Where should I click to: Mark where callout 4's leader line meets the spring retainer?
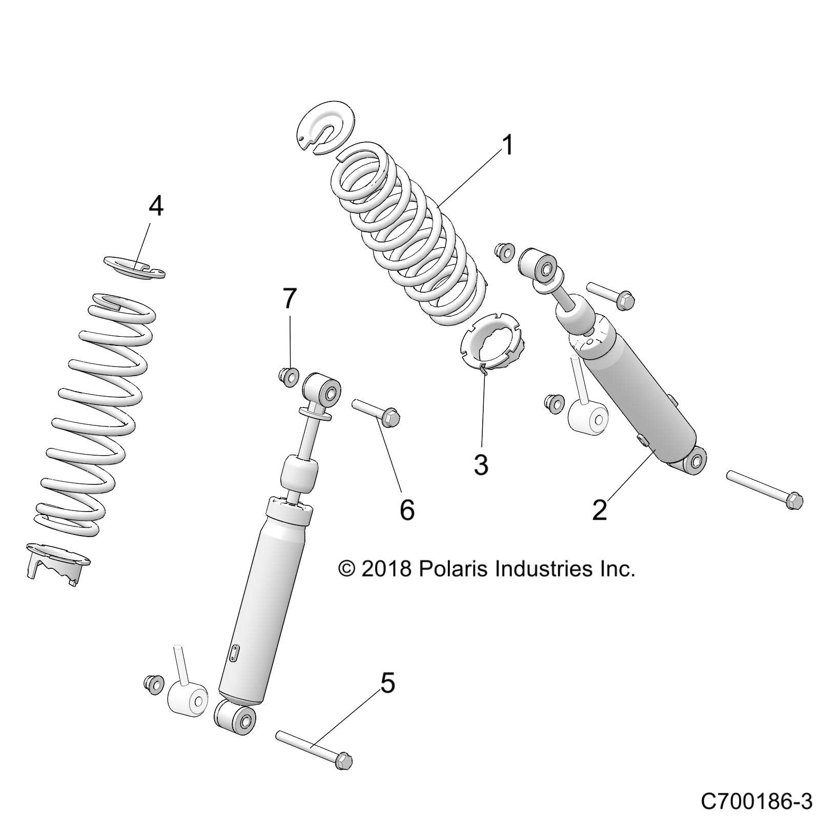click(139, 266)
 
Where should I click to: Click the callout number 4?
click(156, 207)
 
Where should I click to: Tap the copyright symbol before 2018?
click(347, 569)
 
